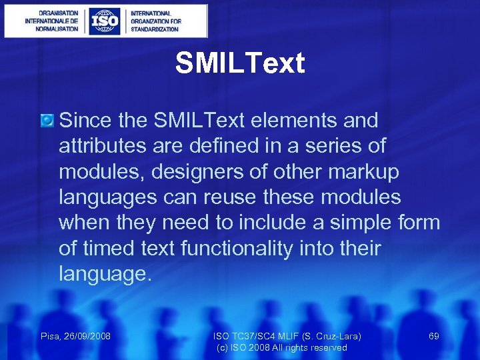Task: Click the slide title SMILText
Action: [x=240, y=64]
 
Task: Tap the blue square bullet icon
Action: [x=47, y=121]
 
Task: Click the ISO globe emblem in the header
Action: [x=105, y=21]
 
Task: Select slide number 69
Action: [x=433, y=336]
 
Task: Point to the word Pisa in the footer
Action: [x=50, y=336]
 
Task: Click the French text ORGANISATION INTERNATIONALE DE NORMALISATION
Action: [x=52, y=21]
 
